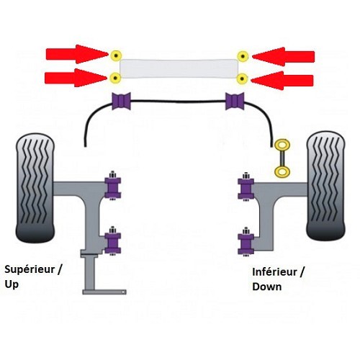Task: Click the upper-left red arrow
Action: [75, 54]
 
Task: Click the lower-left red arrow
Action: [75, 77]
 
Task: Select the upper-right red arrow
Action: [284, 55]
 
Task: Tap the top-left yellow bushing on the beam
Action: [114, 55]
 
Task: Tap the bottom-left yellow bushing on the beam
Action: [114, 77]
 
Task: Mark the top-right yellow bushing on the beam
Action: [243, 55]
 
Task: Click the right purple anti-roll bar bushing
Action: [235, 102]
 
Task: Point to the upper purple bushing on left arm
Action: [113, 186]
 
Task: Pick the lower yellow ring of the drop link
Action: [280, 171]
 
